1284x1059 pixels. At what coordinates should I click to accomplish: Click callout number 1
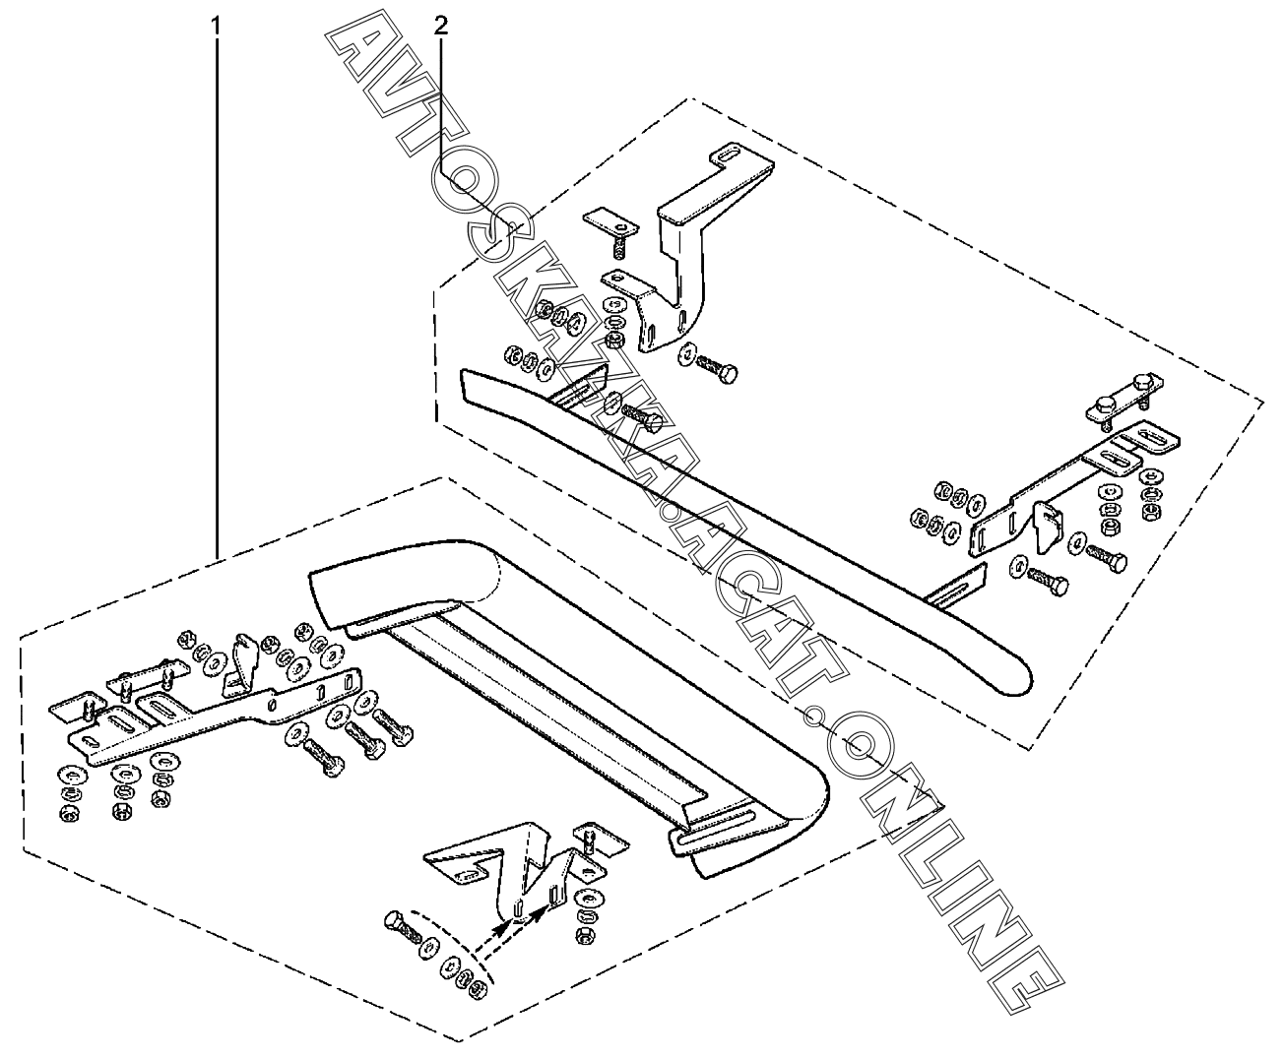[216, 27]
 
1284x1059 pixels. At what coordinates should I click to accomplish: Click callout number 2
[440, 26]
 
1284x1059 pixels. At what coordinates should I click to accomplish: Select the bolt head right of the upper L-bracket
[728, 374]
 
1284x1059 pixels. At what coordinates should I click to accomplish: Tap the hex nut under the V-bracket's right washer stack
[582, 936]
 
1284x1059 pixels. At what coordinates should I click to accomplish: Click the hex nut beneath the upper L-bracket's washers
[612, 339]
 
